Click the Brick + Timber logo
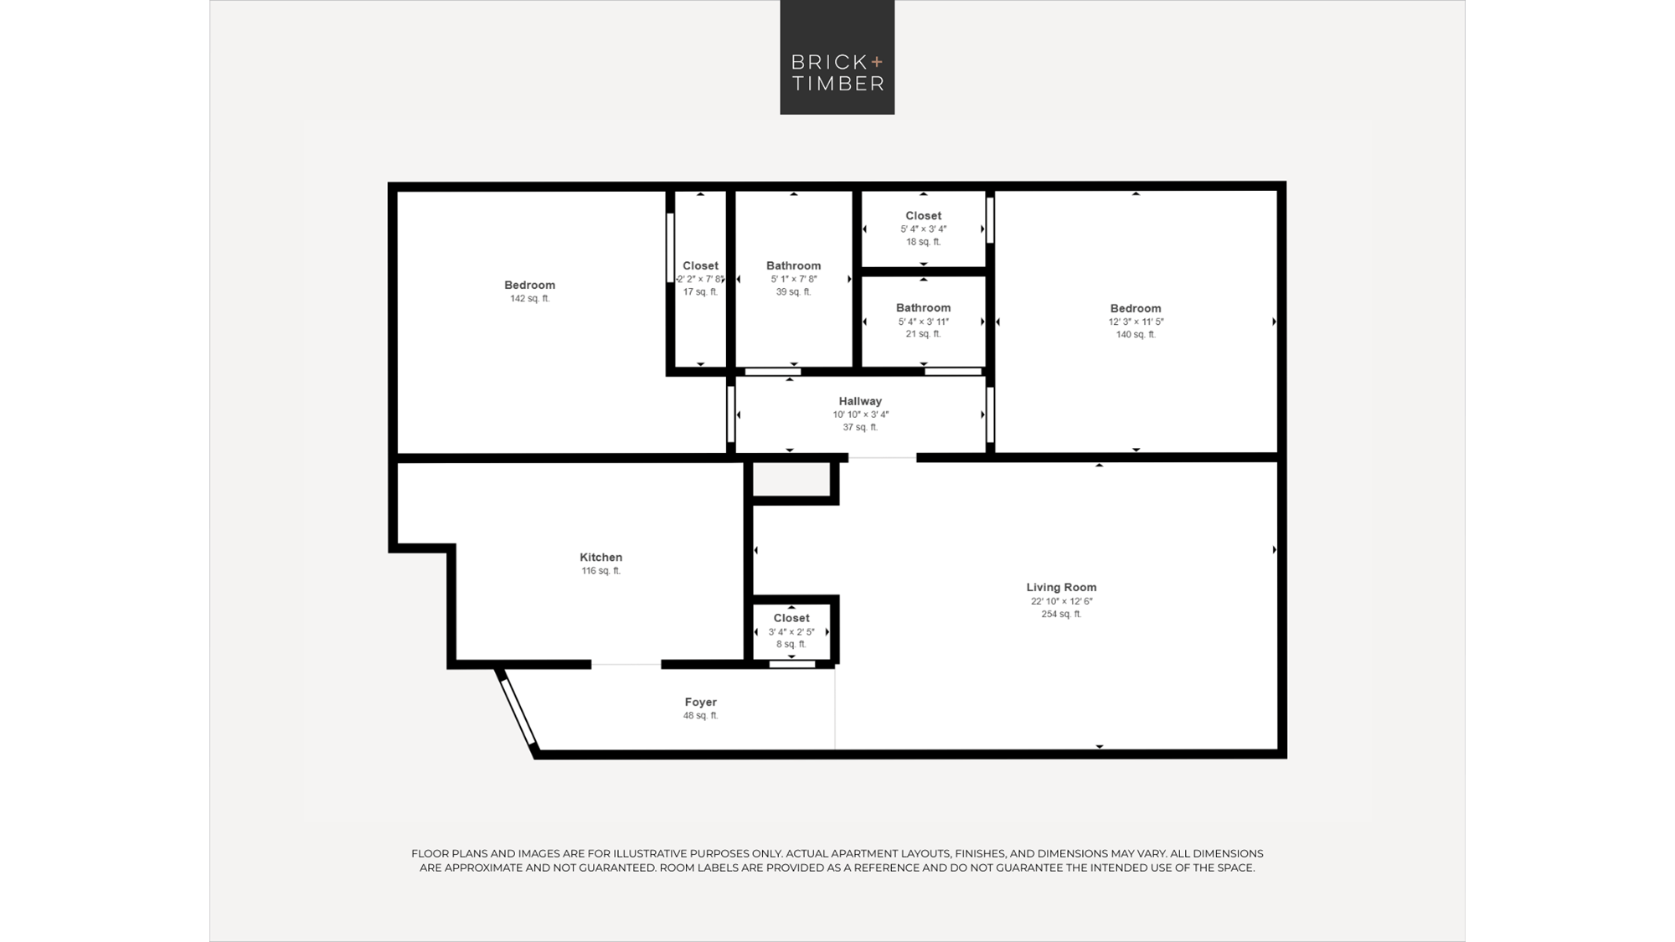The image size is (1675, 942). [x=837, y=57]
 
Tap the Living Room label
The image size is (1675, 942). [x=1061, y=587]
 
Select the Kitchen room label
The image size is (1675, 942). [x=600, y=557]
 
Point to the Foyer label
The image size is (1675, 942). [x=700, y=702]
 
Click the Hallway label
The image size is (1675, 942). [x=860, y=401]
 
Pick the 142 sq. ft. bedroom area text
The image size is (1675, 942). [x=529, y=298]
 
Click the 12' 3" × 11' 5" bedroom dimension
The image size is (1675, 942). [x=1136, y=322]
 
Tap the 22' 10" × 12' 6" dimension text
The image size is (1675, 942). [x=1061, y=601]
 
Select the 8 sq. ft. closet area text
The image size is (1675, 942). [x=791, y=644]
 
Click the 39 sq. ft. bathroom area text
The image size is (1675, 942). [x=793, y=291]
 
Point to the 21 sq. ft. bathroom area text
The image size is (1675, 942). [x=923, y=333]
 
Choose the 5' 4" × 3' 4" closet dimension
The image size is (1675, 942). [x=923, y=229]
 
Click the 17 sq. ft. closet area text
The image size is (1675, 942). [x=700, y=291]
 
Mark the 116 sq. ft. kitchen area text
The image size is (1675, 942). [x=600, y=571]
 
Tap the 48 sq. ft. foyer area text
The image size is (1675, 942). [x=700, y=715]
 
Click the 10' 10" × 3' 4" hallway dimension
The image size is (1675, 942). [x=860, y=414]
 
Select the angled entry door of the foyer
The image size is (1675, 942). [x=518, y=712]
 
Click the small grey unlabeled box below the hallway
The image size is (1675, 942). [x=791, y=479]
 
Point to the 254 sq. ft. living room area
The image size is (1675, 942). [x=1061, y=614]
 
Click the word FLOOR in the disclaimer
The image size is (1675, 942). [x=429, y=853]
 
